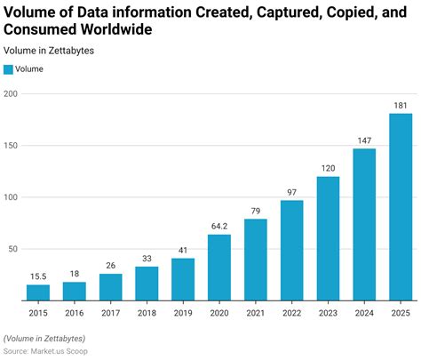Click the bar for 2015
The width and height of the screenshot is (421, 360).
click(38, 292)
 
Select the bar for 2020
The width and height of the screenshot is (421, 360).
click(219, 267)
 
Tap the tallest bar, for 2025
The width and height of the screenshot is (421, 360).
click(401, 207)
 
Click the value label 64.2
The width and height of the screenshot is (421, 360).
click(219, 227)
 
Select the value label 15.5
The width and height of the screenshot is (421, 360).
click(38, 276)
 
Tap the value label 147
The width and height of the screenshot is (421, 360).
click(364, 140)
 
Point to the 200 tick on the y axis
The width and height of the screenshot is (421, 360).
click(11, 94)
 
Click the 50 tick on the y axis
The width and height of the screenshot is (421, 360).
click(12, 249)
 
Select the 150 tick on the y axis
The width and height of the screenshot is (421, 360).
click(11, 146)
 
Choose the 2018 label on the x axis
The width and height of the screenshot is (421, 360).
click(147, 312)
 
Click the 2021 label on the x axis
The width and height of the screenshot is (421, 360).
click(256, 312)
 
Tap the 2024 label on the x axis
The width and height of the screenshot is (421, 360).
click(364, 312)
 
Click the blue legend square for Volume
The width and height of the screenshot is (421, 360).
click(9, 68)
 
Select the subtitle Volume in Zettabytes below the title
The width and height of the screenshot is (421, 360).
click(49, 51)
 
